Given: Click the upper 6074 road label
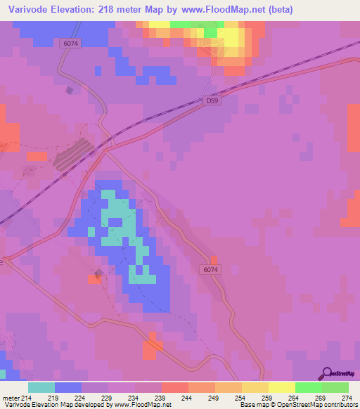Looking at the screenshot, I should (71, 43).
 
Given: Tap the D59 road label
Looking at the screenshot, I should (214, 101).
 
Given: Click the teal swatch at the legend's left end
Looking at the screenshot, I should (41, 387).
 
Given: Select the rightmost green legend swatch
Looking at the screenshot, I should (335, 387).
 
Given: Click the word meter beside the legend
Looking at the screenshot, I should (10, 397).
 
